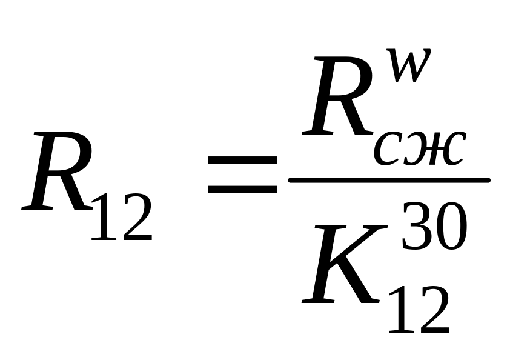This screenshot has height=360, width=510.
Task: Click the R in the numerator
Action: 337,100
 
